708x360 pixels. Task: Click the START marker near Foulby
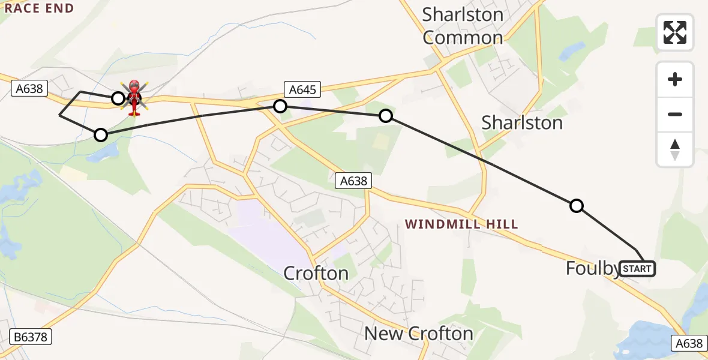pyautogui.click(x=637, y=269)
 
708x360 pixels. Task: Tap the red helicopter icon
pyautogui.click(x=134, y=97)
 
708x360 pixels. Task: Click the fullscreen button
pyautogui.click(x=675, y=32)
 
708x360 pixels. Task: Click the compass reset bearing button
pyautogui.click(x=675, y=149)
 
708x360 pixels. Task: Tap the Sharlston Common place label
pyautogui.click(x=463, y=26)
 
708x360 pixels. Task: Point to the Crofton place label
pyautogui.click(x=316, y=274)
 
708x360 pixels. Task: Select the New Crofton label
pyautogui.click(x=418, y=334)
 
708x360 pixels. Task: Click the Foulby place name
pyautogui.click(x=591, y=268)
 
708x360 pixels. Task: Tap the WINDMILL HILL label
pyautogui.click(x=461, y=224)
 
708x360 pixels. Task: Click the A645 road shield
pyautogui.click(x=302, y=90)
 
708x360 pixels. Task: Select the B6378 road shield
pyautogui.click(x=31, y=337)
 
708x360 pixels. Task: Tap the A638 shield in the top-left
pyautogui.click(x=29, y=89)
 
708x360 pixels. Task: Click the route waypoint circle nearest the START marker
pyautogui.click(x=576, y=206)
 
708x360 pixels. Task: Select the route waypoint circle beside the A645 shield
pyautogui.click(x=280, y=107)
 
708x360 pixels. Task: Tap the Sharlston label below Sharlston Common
pyautogui.click(x=522, y=123)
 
